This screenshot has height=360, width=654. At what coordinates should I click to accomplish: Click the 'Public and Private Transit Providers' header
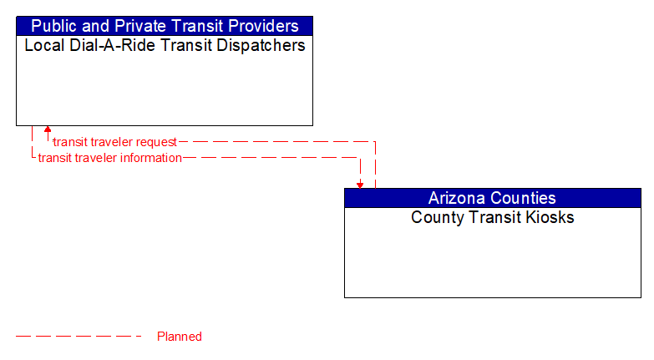tap(165, 26)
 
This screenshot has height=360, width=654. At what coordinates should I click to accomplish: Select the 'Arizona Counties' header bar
tap(492, 198)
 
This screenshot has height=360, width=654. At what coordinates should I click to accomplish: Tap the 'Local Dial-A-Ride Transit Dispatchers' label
tap(165, 45)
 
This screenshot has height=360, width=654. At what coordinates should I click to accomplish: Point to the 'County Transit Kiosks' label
tap(492, 218)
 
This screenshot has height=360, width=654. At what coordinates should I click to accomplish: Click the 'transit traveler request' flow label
tap(114, 142)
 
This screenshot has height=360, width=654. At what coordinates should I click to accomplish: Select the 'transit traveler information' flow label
tap(109, 158)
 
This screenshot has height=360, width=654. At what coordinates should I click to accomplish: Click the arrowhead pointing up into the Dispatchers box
tap(48, 130)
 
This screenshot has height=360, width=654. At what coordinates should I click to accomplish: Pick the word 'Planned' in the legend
tap(180, 337)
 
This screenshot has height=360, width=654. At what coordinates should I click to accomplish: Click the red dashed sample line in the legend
tap(79, 337)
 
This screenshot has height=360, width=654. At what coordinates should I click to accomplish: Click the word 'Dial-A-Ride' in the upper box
tap(98, 45)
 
